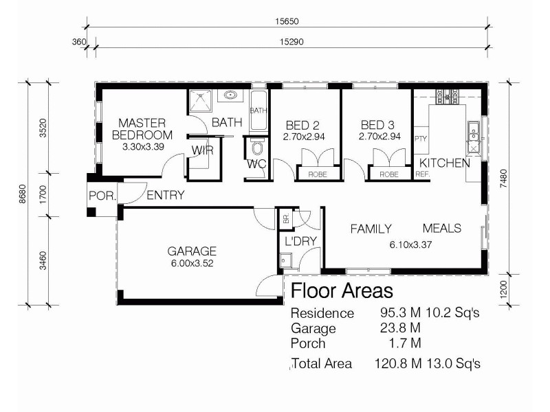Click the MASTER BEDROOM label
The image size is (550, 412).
point(142,129)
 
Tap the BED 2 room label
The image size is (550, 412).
point(302,126)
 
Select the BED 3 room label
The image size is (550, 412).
point(377,126)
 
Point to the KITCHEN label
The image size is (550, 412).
point(445,163)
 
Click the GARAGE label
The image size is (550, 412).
point(192,251)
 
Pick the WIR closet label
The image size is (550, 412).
point(202,150)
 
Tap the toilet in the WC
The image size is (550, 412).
point(258,148)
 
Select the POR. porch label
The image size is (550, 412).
point(102,195)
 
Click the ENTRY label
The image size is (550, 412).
point(165,196)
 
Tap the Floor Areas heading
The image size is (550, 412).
point(342,290)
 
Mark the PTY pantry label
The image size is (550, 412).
point(420,139)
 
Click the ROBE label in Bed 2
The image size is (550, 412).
point(317,174)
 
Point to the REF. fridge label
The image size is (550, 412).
point(421,175)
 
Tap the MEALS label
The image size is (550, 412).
point(441,229)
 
